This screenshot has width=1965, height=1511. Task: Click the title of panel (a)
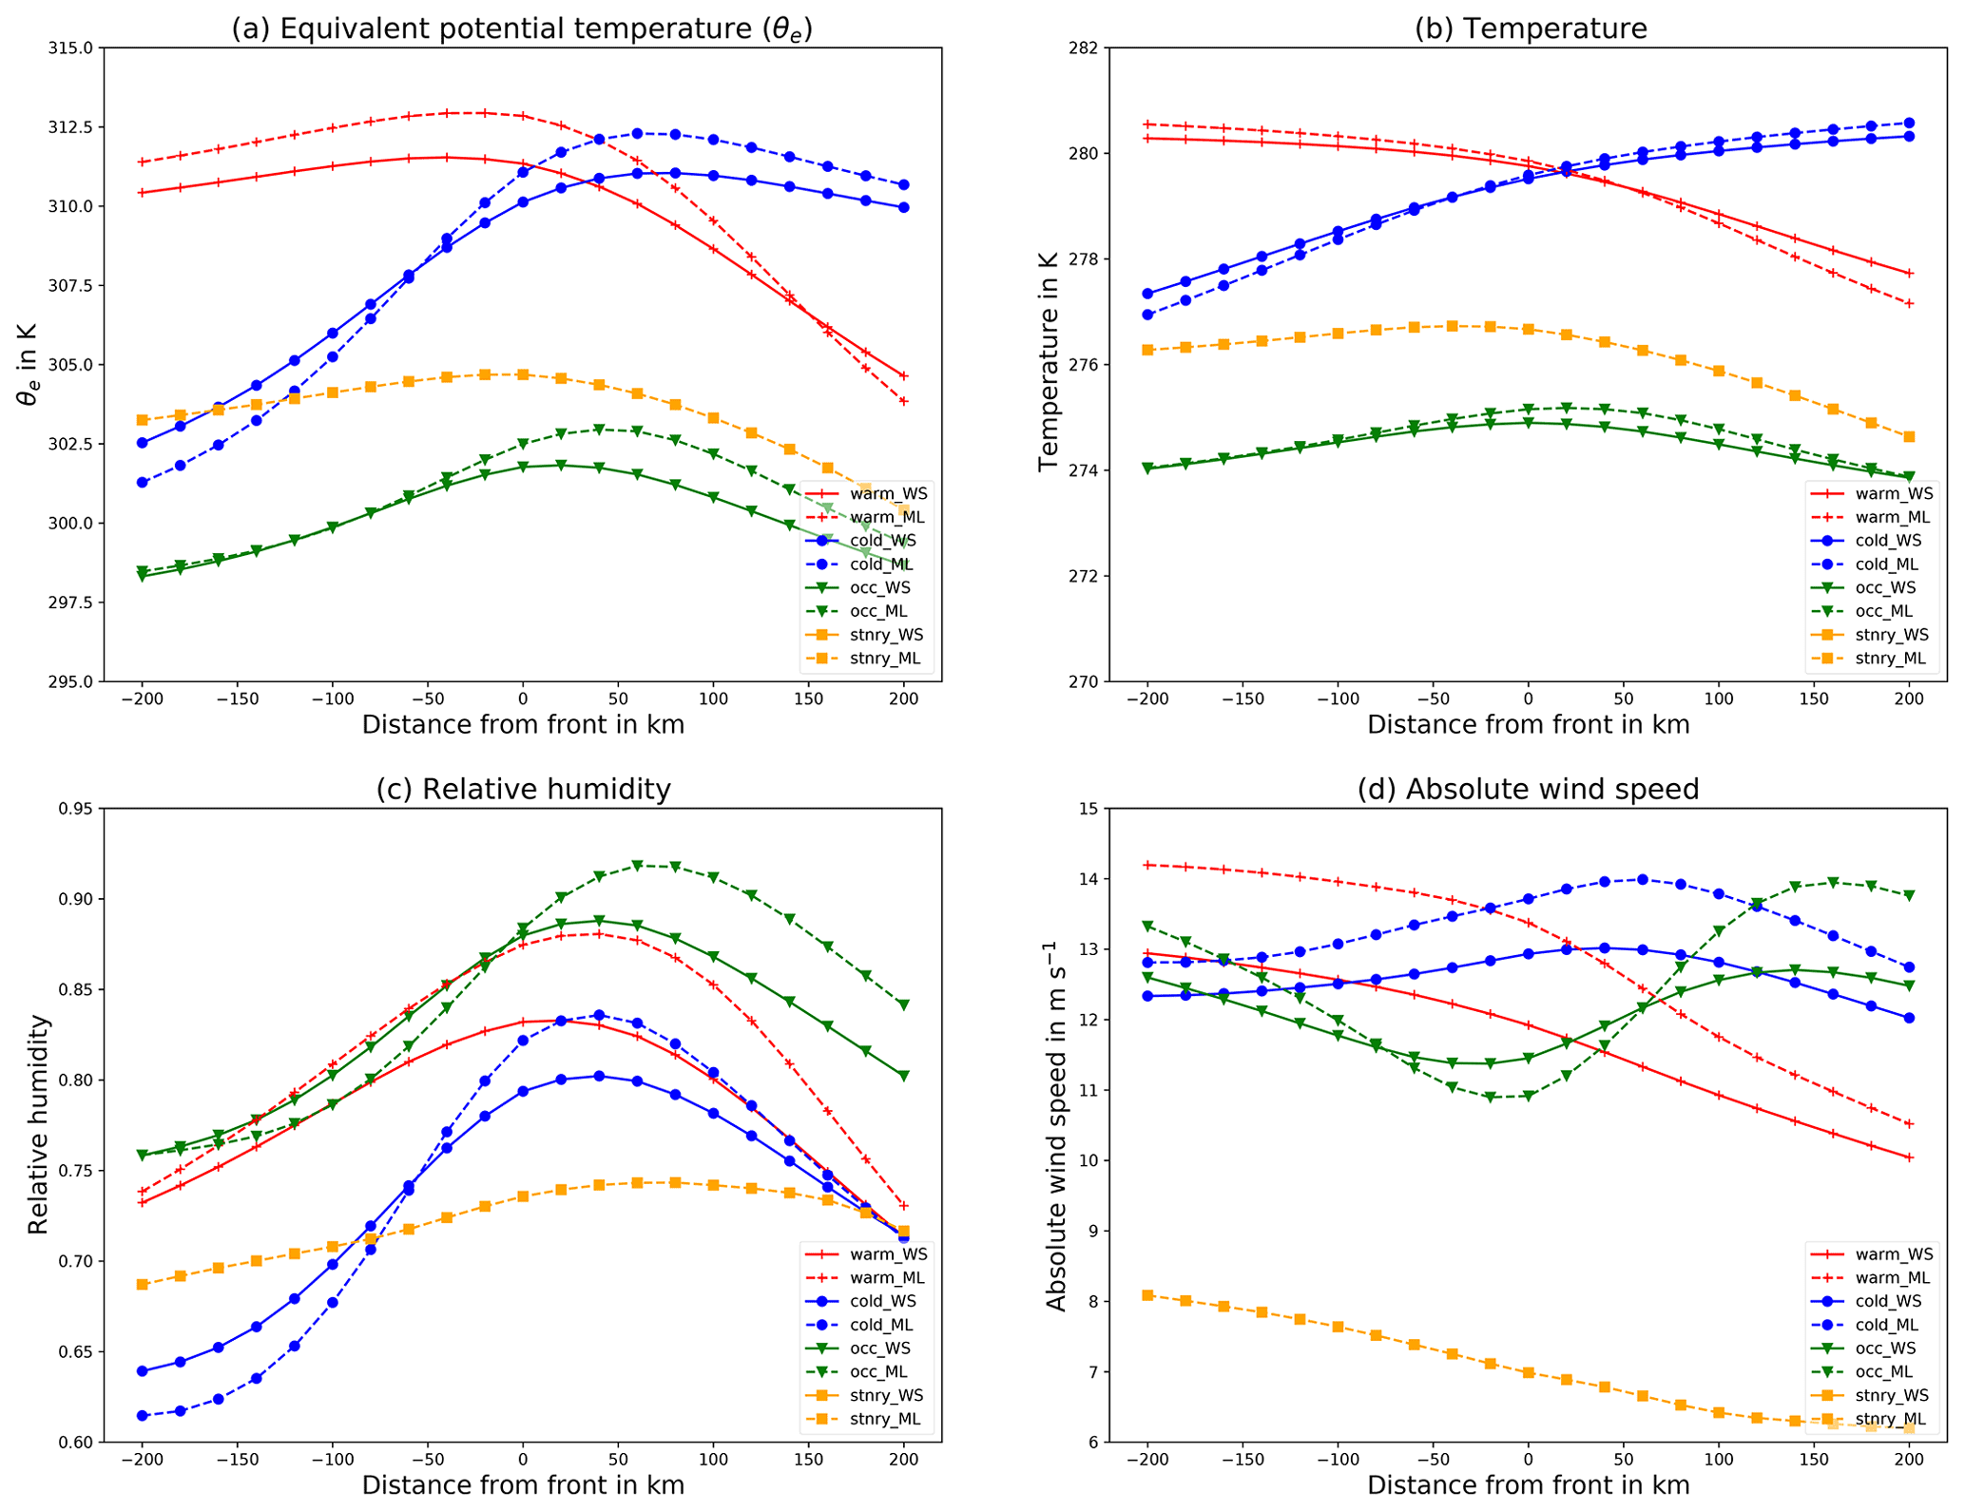click(522, 29)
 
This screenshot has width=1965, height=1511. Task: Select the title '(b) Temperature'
click(1530, 29)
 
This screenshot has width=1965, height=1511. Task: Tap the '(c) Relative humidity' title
click(523, 790)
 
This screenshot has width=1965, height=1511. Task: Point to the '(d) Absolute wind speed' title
click(1529, 790)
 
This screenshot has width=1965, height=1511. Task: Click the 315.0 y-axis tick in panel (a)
click(73, 48)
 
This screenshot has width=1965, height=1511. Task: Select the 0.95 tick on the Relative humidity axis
click(77, 809)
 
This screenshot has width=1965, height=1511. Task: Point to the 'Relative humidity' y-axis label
click(38, 1124)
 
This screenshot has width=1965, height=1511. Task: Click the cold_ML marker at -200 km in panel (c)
click(143, 1416)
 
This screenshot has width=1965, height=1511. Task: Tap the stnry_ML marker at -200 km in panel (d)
click(1147, 1295)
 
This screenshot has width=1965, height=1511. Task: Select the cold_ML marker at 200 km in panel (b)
click(1909, 124)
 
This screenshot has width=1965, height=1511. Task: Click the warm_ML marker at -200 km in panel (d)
click(1147, 865)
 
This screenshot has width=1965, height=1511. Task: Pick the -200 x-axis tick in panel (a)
click(142, 699)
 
